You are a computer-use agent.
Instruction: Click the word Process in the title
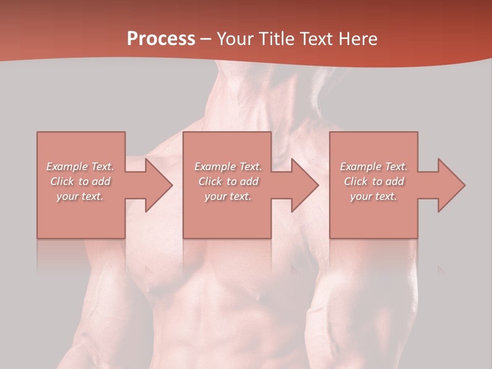pos(161,39)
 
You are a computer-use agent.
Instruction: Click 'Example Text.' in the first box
pos(80,167)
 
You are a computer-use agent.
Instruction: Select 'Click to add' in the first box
pos(80,181)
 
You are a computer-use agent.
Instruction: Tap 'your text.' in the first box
pos(80,196)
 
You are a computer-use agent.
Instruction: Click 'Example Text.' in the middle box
pos(228,167)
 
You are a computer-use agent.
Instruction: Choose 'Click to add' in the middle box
pos(228,181)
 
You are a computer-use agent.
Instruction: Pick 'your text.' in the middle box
pos(228,196)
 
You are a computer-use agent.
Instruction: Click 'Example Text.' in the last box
pos(374,167)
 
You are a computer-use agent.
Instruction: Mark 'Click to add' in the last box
pos(374,181)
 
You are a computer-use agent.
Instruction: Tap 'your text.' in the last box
pos(374,196)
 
